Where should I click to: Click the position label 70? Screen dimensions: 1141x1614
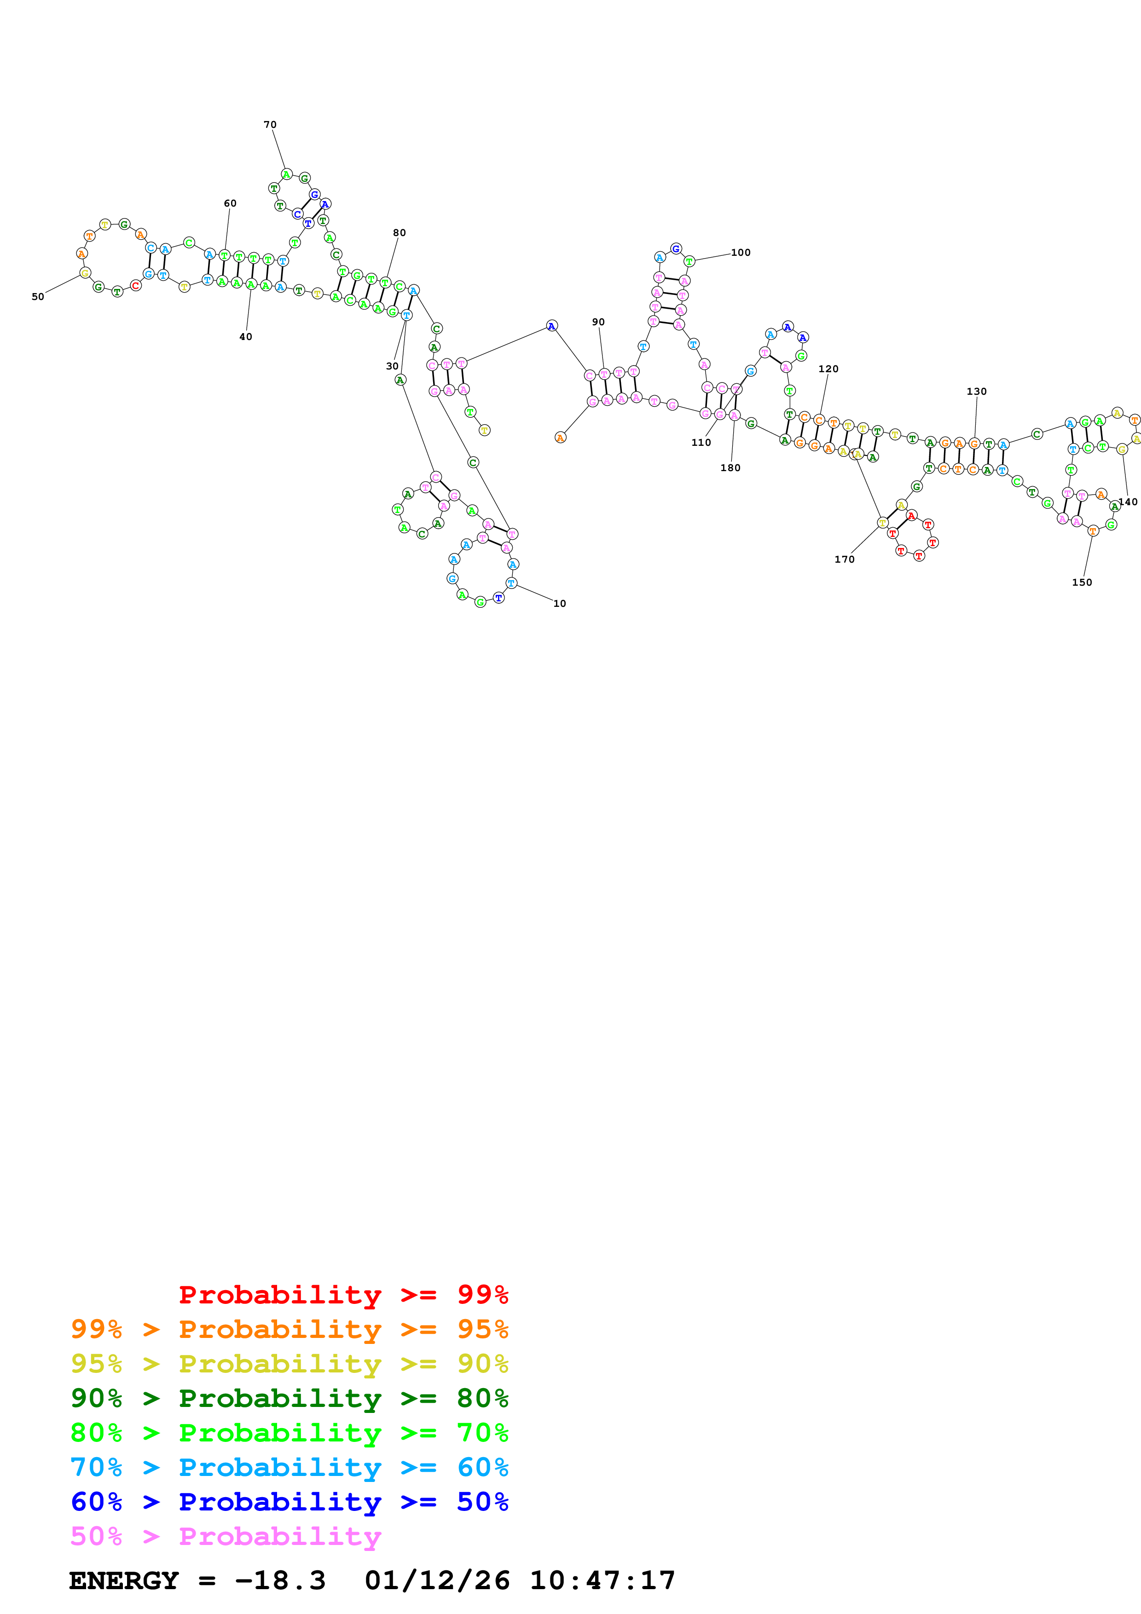[270, 124]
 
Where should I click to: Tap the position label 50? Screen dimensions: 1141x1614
[38, 297]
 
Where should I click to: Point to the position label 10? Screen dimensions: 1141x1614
[560, 603]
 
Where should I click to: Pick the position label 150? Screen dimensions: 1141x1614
[1082, 582]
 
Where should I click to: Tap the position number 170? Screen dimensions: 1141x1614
[844, 559]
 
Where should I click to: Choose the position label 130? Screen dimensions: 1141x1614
[977, 392]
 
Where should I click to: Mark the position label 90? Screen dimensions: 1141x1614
[598, 322]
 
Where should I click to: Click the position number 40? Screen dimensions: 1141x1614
[245, 337]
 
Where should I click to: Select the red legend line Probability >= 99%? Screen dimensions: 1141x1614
[343, 1294]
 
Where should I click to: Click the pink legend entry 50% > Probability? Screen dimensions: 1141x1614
[226, 1536]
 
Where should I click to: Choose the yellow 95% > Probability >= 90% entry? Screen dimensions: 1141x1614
[289, 1363]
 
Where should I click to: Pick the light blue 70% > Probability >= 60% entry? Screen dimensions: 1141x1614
[289, 1467]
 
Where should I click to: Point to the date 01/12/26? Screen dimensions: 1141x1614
[437, 1580]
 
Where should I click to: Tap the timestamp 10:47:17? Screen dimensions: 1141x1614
[602, 1580]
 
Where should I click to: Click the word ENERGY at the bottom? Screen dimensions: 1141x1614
[124, 1580]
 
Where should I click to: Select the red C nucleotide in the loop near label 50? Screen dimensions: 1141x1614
[136, 285]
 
